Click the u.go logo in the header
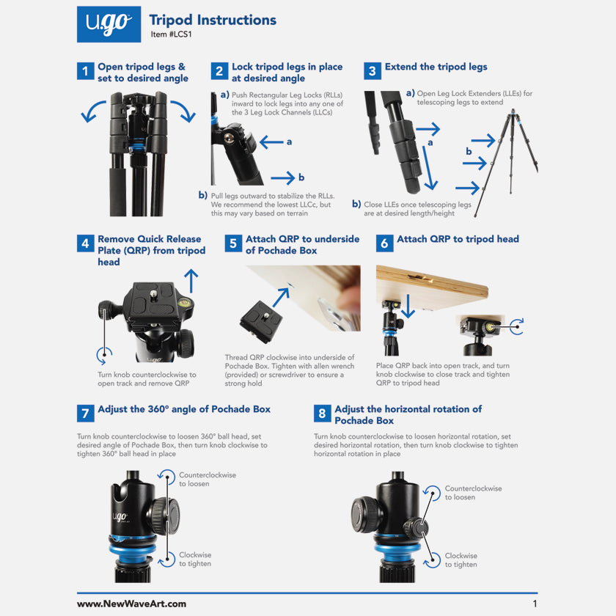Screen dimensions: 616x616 [109, 24]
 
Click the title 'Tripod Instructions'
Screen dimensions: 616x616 [213, 20]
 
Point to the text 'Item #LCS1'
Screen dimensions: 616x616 [169, 34]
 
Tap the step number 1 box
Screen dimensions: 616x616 [86, 72]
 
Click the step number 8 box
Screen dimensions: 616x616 [322, 414]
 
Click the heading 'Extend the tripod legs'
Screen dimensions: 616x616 [436, 67]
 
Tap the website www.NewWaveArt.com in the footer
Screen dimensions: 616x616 [131, 604]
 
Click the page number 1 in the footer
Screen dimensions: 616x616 [535, 604]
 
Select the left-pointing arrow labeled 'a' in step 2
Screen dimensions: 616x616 [271, 142]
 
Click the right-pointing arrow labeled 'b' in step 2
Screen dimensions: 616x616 [281, 177]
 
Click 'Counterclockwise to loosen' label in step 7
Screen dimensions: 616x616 [208, 479]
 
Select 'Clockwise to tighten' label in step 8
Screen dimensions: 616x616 [461, 560]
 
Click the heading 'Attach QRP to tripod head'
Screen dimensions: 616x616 [458, 239]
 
